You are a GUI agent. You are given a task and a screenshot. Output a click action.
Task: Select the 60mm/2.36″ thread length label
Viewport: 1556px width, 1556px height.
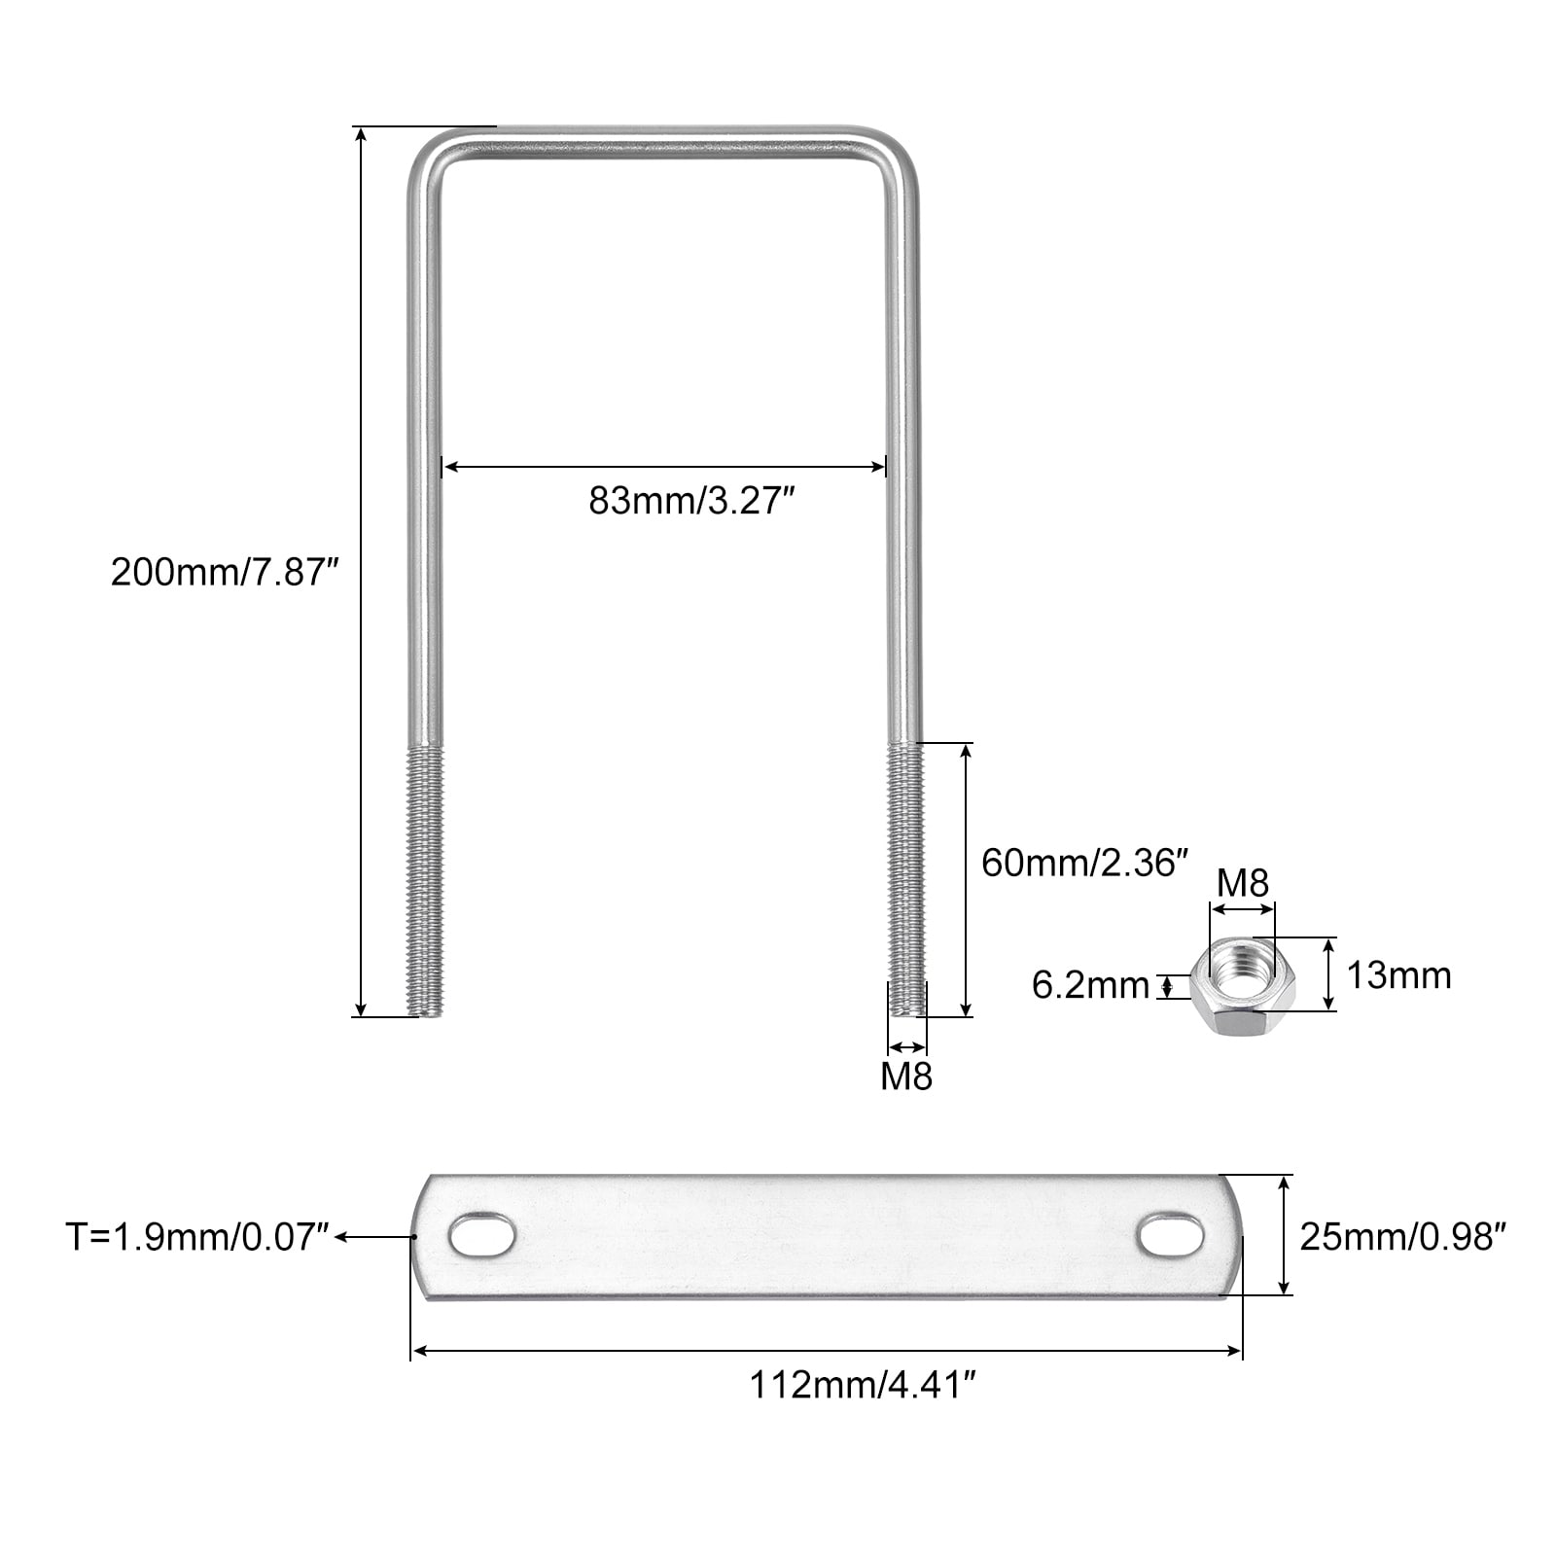pos(1085,863)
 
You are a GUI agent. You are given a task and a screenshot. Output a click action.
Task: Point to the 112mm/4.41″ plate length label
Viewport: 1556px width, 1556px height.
pos(862,1385)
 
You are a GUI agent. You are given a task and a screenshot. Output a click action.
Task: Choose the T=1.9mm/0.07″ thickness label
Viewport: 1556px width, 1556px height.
pos(199,1237)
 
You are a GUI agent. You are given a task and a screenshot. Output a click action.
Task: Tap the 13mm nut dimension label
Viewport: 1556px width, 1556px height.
pos(1398,975)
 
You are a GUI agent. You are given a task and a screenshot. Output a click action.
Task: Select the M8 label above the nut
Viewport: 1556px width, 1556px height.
pos(1243,884)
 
